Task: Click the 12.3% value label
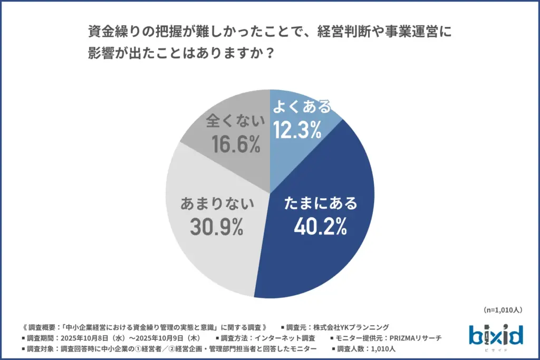pos(297,130)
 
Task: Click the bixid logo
pos(495,336)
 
